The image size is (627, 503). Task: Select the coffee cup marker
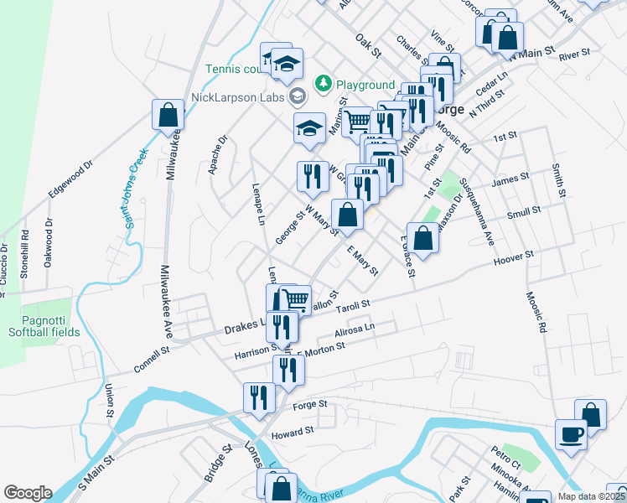pos(573,434)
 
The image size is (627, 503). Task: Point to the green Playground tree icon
pos(322,84)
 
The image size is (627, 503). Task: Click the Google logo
pos(28,493)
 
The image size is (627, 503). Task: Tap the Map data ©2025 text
pos(591,496)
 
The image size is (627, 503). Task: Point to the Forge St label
pos(309,407)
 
